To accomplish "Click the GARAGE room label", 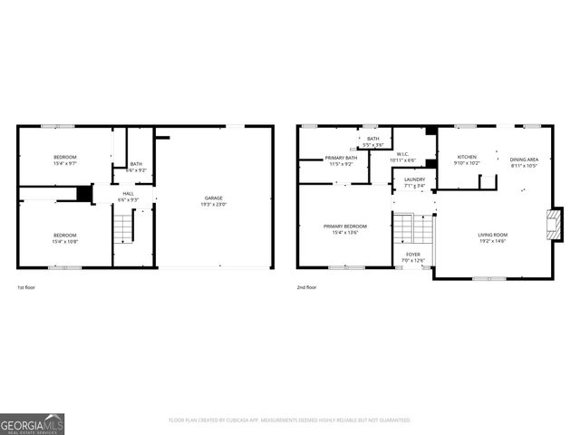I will [214, 198].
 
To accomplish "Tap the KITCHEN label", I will [468, 158].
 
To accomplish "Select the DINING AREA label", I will [524, 160].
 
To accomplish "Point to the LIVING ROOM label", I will [492, 236].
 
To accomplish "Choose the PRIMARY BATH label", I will [342, 159].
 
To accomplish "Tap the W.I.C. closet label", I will [401, 155].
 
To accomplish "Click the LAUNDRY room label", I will [414, 181].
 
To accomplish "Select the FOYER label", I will [413, 256].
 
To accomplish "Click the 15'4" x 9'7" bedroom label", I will [64, 159].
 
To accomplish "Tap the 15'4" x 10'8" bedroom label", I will [64, 237].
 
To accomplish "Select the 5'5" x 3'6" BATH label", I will [373, 140].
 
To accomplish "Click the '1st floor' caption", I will [27, 287].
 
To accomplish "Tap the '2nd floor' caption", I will [306, 287].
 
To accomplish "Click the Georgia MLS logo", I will [32, 421].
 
